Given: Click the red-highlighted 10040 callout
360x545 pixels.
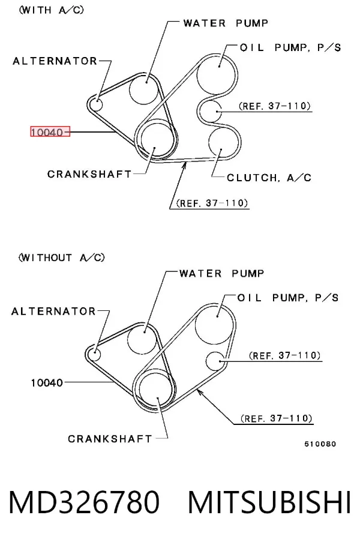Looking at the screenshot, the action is (50, 131).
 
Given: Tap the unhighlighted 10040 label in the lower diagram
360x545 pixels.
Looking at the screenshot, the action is (47, 383).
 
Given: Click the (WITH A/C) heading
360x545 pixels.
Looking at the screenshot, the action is (52, 10).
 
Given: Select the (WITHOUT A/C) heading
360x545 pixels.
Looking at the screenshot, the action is (62, 257).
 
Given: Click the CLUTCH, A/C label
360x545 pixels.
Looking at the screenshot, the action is (269, 178).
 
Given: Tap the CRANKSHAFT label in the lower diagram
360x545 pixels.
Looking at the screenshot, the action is (110, 439).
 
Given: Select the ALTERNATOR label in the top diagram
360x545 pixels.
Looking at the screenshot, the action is (55, 61).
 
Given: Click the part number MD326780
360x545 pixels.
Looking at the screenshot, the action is (84, 502).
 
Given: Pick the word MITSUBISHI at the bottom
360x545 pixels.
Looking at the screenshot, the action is (269, 502).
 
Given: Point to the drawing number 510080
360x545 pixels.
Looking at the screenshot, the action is (320, 444).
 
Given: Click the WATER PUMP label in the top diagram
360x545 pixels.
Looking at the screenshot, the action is (226, 23).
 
